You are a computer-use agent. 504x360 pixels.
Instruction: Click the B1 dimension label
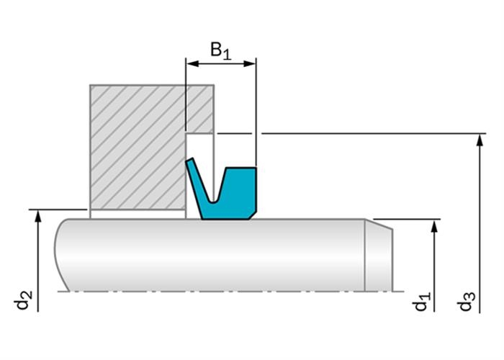(x=221, y=50)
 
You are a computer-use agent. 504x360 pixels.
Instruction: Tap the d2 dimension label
(x=24, y=300)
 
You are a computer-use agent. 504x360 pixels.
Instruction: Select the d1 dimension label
(x=421, y=302)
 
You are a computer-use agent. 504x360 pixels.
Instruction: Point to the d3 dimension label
(x=467, y=302)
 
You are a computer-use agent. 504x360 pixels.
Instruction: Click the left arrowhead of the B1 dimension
(x=192, y=63)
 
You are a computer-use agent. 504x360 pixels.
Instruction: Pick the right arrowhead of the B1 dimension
(x=249, y=63)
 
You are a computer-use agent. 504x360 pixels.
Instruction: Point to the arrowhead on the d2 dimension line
(x=38, y=216)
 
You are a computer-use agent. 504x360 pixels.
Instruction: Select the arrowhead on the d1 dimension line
(x=434, y=226)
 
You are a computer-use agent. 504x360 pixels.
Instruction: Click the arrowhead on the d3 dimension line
(x=480, y=140)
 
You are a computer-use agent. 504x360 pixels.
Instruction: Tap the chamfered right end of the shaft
(x=379, y=256)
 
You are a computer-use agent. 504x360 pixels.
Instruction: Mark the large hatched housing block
(x=138, y=147)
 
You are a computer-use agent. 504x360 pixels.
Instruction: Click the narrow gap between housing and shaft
(x=138, y=214)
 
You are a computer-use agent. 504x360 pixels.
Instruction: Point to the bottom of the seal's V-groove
(x=212, y=202)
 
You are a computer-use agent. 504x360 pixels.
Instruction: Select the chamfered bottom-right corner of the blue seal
(x=253, y=216)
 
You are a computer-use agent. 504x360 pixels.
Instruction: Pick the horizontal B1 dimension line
(x=221, y=63)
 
